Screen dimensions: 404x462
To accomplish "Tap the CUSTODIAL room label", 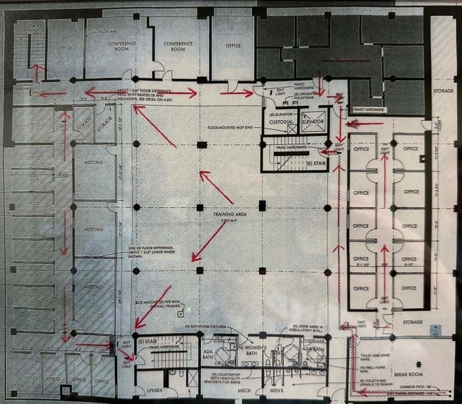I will click(281, 122).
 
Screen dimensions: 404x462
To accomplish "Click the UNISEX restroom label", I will click(159, 390).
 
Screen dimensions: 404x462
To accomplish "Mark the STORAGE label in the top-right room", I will click(442, 90).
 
